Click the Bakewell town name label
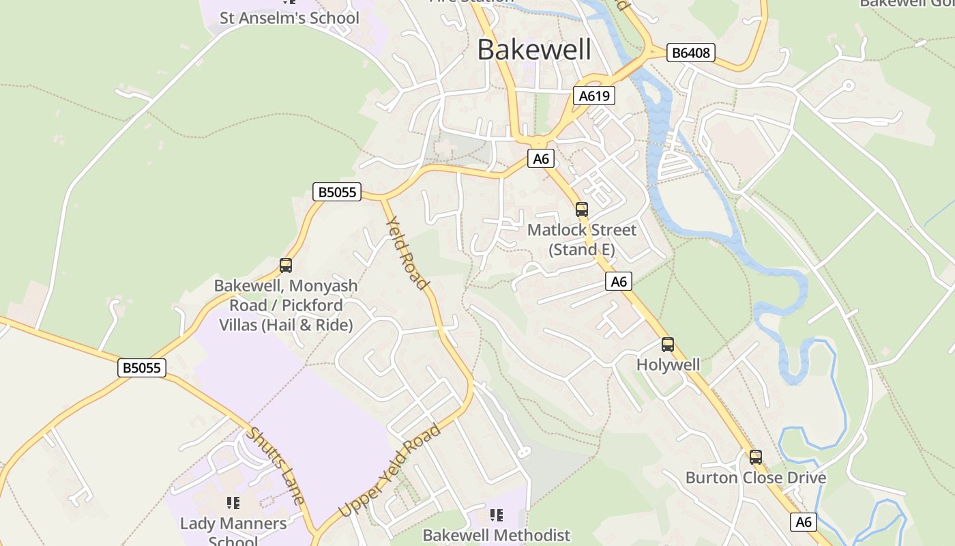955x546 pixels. pyautogui.click(x=534, y=50)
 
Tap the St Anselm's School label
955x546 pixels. pyautogui.click(x=289, y=18)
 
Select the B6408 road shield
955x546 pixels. pyautogui.click(x=690, y=53)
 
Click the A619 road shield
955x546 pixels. pyautogui.click(x=593, y=96)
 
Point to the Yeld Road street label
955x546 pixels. pyautogui.click(x=407, y=253)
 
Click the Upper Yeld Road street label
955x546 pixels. pyautogui.click(x=390, y=470)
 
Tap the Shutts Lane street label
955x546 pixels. pyautogui.click(x=275, y=465)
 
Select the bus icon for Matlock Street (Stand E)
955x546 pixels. pyautogui.click(x=582, y=210)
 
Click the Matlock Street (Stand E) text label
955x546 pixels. pyautogui.click(x=582, y=240)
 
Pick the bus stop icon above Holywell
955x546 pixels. pyautogui.click(x=668, y=345)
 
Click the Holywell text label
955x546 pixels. pyautogui.click(x=668, y=364)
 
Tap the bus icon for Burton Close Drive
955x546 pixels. pyautogui.click(x=756, y=457)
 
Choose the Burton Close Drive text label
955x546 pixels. pyautogui.click(x=756, y=477)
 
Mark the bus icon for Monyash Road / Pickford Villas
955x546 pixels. pyautogui.click(x=286, y=265)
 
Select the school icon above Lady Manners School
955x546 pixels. pyautogui.click(x=233, y=504)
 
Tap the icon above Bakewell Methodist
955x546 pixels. pyautogui.click(x=497, y=515)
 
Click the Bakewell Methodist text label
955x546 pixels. pyautogui.click(x=497, y=535)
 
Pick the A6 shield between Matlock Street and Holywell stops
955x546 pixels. pyautogui.click(x=618, y=281)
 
